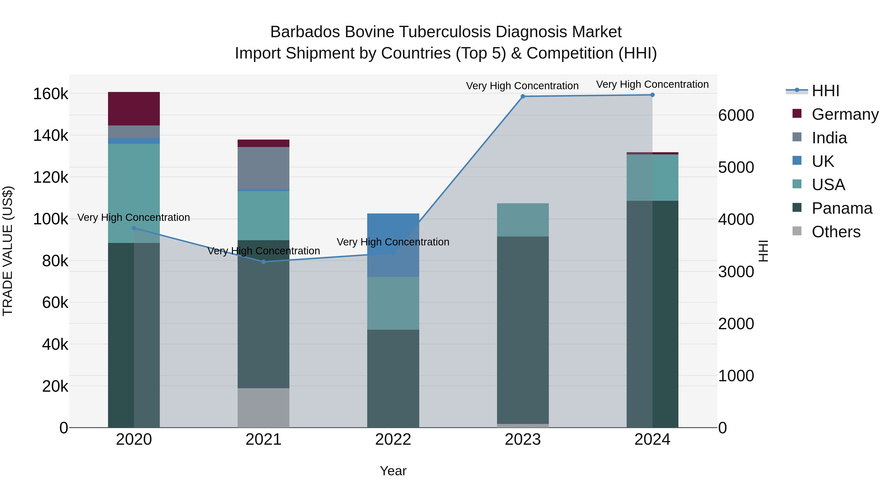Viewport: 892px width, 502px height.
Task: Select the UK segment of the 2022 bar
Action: pos(393,245)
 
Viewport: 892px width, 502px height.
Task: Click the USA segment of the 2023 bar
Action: pos(523,220)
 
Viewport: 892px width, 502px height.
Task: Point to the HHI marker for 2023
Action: pos(523,96)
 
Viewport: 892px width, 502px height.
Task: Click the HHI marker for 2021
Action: pos(264,262)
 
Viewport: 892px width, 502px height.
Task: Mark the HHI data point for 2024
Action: pos(652,95)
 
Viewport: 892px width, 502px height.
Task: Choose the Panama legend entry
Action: pos(841,208)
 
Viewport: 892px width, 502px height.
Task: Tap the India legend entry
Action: pos(829,138)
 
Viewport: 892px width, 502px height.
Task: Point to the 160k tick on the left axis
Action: pos(51,94)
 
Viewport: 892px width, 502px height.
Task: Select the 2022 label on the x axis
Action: pos(393,440)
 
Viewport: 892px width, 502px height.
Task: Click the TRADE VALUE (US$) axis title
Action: pos(8,251)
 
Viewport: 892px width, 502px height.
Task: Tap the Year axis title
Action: pos(393,471)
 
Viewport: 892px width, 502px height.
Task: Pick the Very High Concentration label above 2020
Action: pos(134,218)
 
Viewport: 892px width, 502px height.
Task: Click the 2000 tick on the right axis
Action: pos(736,324)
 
